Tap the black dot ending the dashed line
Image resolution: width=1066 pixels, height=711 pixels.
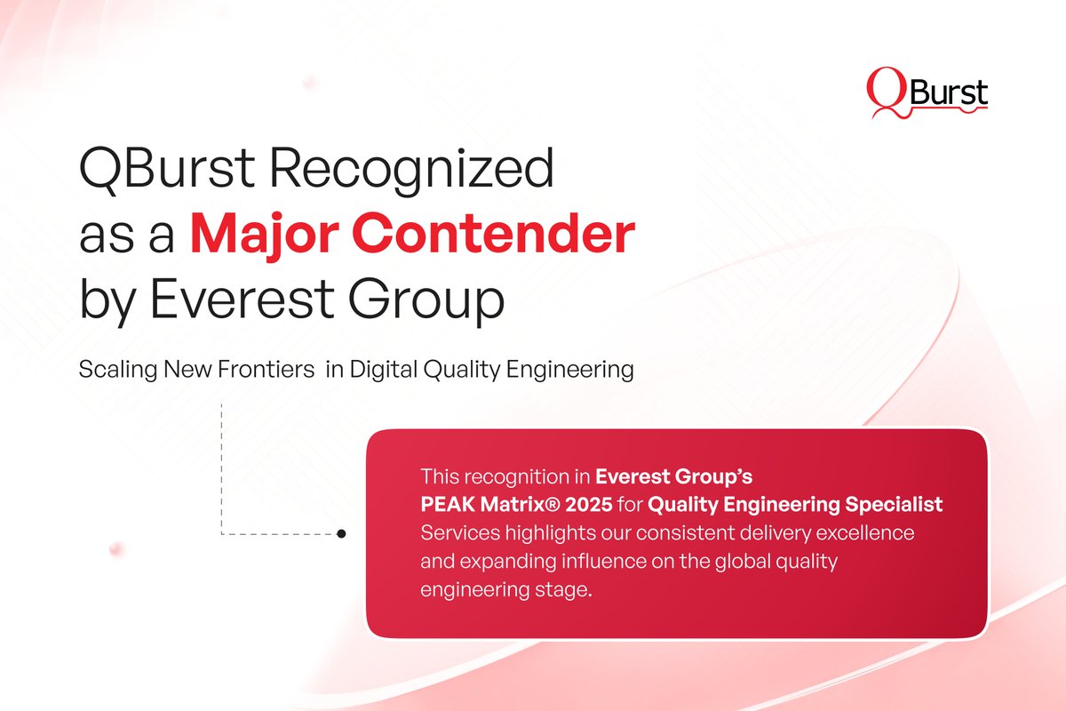pyautogui.click(x=341, y=534)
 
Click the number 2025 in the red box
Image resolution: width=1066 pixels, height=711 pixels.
pyautogui.click(x=585, y=505)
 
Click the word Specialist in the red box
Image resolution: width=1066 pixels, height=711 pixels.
pyautogui.click(x=894, y=505)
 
